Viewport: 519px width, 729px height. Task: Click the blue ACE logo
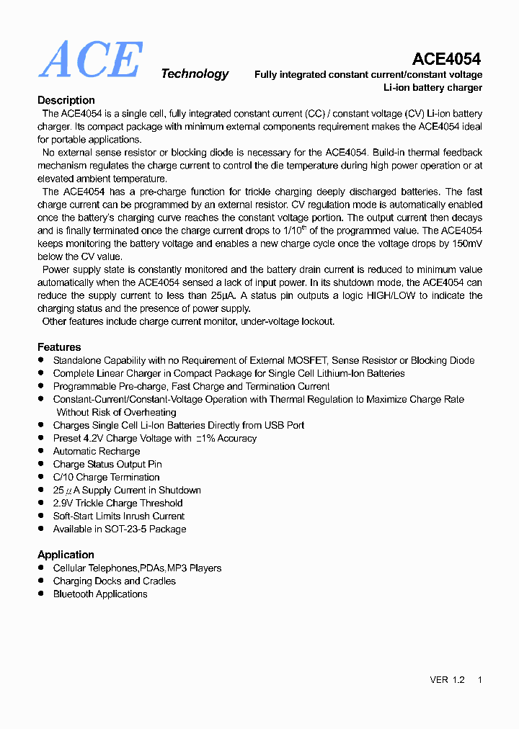coord(90,60)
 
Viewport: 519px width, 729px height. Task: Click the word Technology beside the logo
coord(195,73)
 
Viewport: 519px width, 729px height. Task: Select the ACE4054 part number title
coord(446,59)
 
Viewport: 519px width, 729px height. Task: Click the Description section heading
coord(66,100)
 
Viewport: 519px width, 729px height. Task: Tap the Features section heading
coord(59,346)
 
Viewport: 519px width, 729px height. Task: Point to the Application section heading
coord(66,555)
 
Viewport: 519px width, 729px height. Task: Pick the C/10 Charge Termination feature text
coord(106,477)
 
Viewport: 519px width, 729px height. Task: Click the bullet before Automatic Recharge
coord(42,452)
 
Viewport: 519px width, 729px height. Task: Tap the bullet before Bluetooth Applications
coord(42,594)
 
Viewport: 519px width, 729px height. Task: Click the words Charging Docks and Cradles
coord(114,581)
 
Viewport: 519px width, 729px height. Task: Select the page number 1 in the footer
coord(480,680)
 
